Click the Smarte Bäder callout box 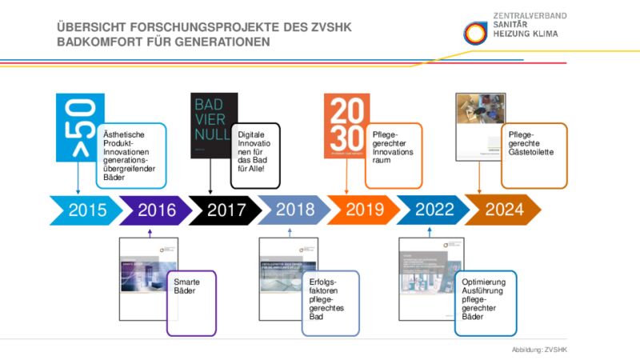[191, 302]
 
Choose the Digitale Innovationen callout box [255, 154]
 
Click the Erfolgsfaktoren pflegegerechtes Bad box [330, 302]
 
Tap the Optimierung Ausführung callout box [485, 302]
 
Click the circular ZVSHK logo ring [474, 32]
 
